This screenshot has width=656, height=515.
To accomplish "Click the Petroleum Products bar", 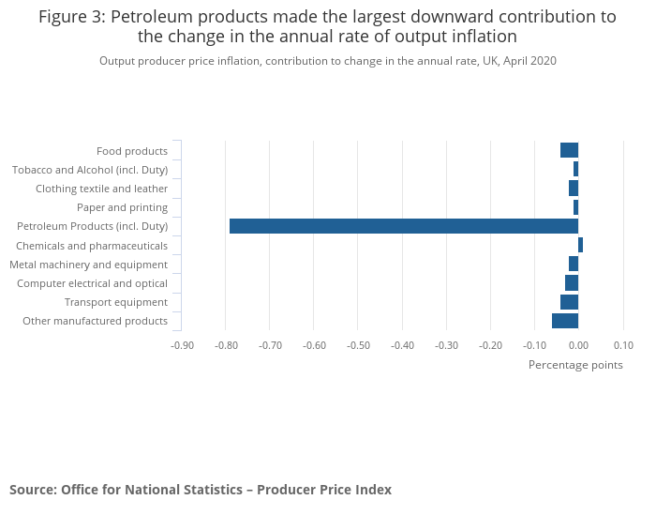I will [x=403, y=226].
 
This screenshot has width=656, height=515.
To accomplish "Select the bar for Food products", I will [x=569, y=150].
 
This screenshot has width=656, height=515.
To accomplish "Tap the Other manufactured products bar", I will [x=565, y=321].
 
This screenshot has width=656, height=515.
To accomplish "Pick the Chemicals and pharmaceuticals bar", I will [x=580, y=245].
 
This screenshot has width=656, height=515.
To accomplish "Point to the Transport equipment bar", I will [x=569, y=302].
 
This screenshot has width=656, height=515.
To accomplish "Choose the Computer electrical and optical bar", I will [x=572, y=283].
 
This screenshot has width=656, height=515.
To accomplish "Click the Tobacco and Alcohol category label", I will [x=90, y=170].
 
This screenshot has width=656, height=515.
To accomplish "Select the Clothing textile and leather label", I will [x=101, y=189].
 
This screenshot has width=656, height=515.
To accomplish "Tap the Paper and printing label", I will [x=122, y=207].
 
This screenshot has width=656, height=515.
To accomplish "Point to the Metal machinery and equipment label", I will [x=88, y=265].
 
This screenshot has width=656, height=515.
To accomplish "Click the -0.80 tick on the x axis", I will [x=226, y=345].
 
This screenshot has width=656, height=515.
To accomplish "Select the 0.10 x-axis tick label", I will [x=623, y=345].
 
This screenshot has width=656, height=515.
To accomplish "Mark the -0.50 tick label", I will [x=358, y=345].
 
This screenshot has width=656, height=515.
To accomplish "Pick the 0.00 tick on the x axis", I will [x=578, y=345].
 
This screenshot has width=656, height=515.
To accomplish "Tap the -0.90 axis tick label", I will [x=182, y=345].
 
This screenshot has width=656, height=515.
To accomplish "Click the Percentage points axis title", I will [x=575, y=365].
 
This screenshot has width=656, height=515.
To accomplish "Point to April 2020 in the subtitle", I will [x=529, y=61].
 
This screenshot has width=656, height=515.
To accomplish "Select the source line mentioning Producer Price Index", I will [x=201, y=490].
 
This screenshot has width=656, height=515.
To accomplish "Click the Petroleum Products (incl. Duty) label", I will [x=92, y=226].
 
